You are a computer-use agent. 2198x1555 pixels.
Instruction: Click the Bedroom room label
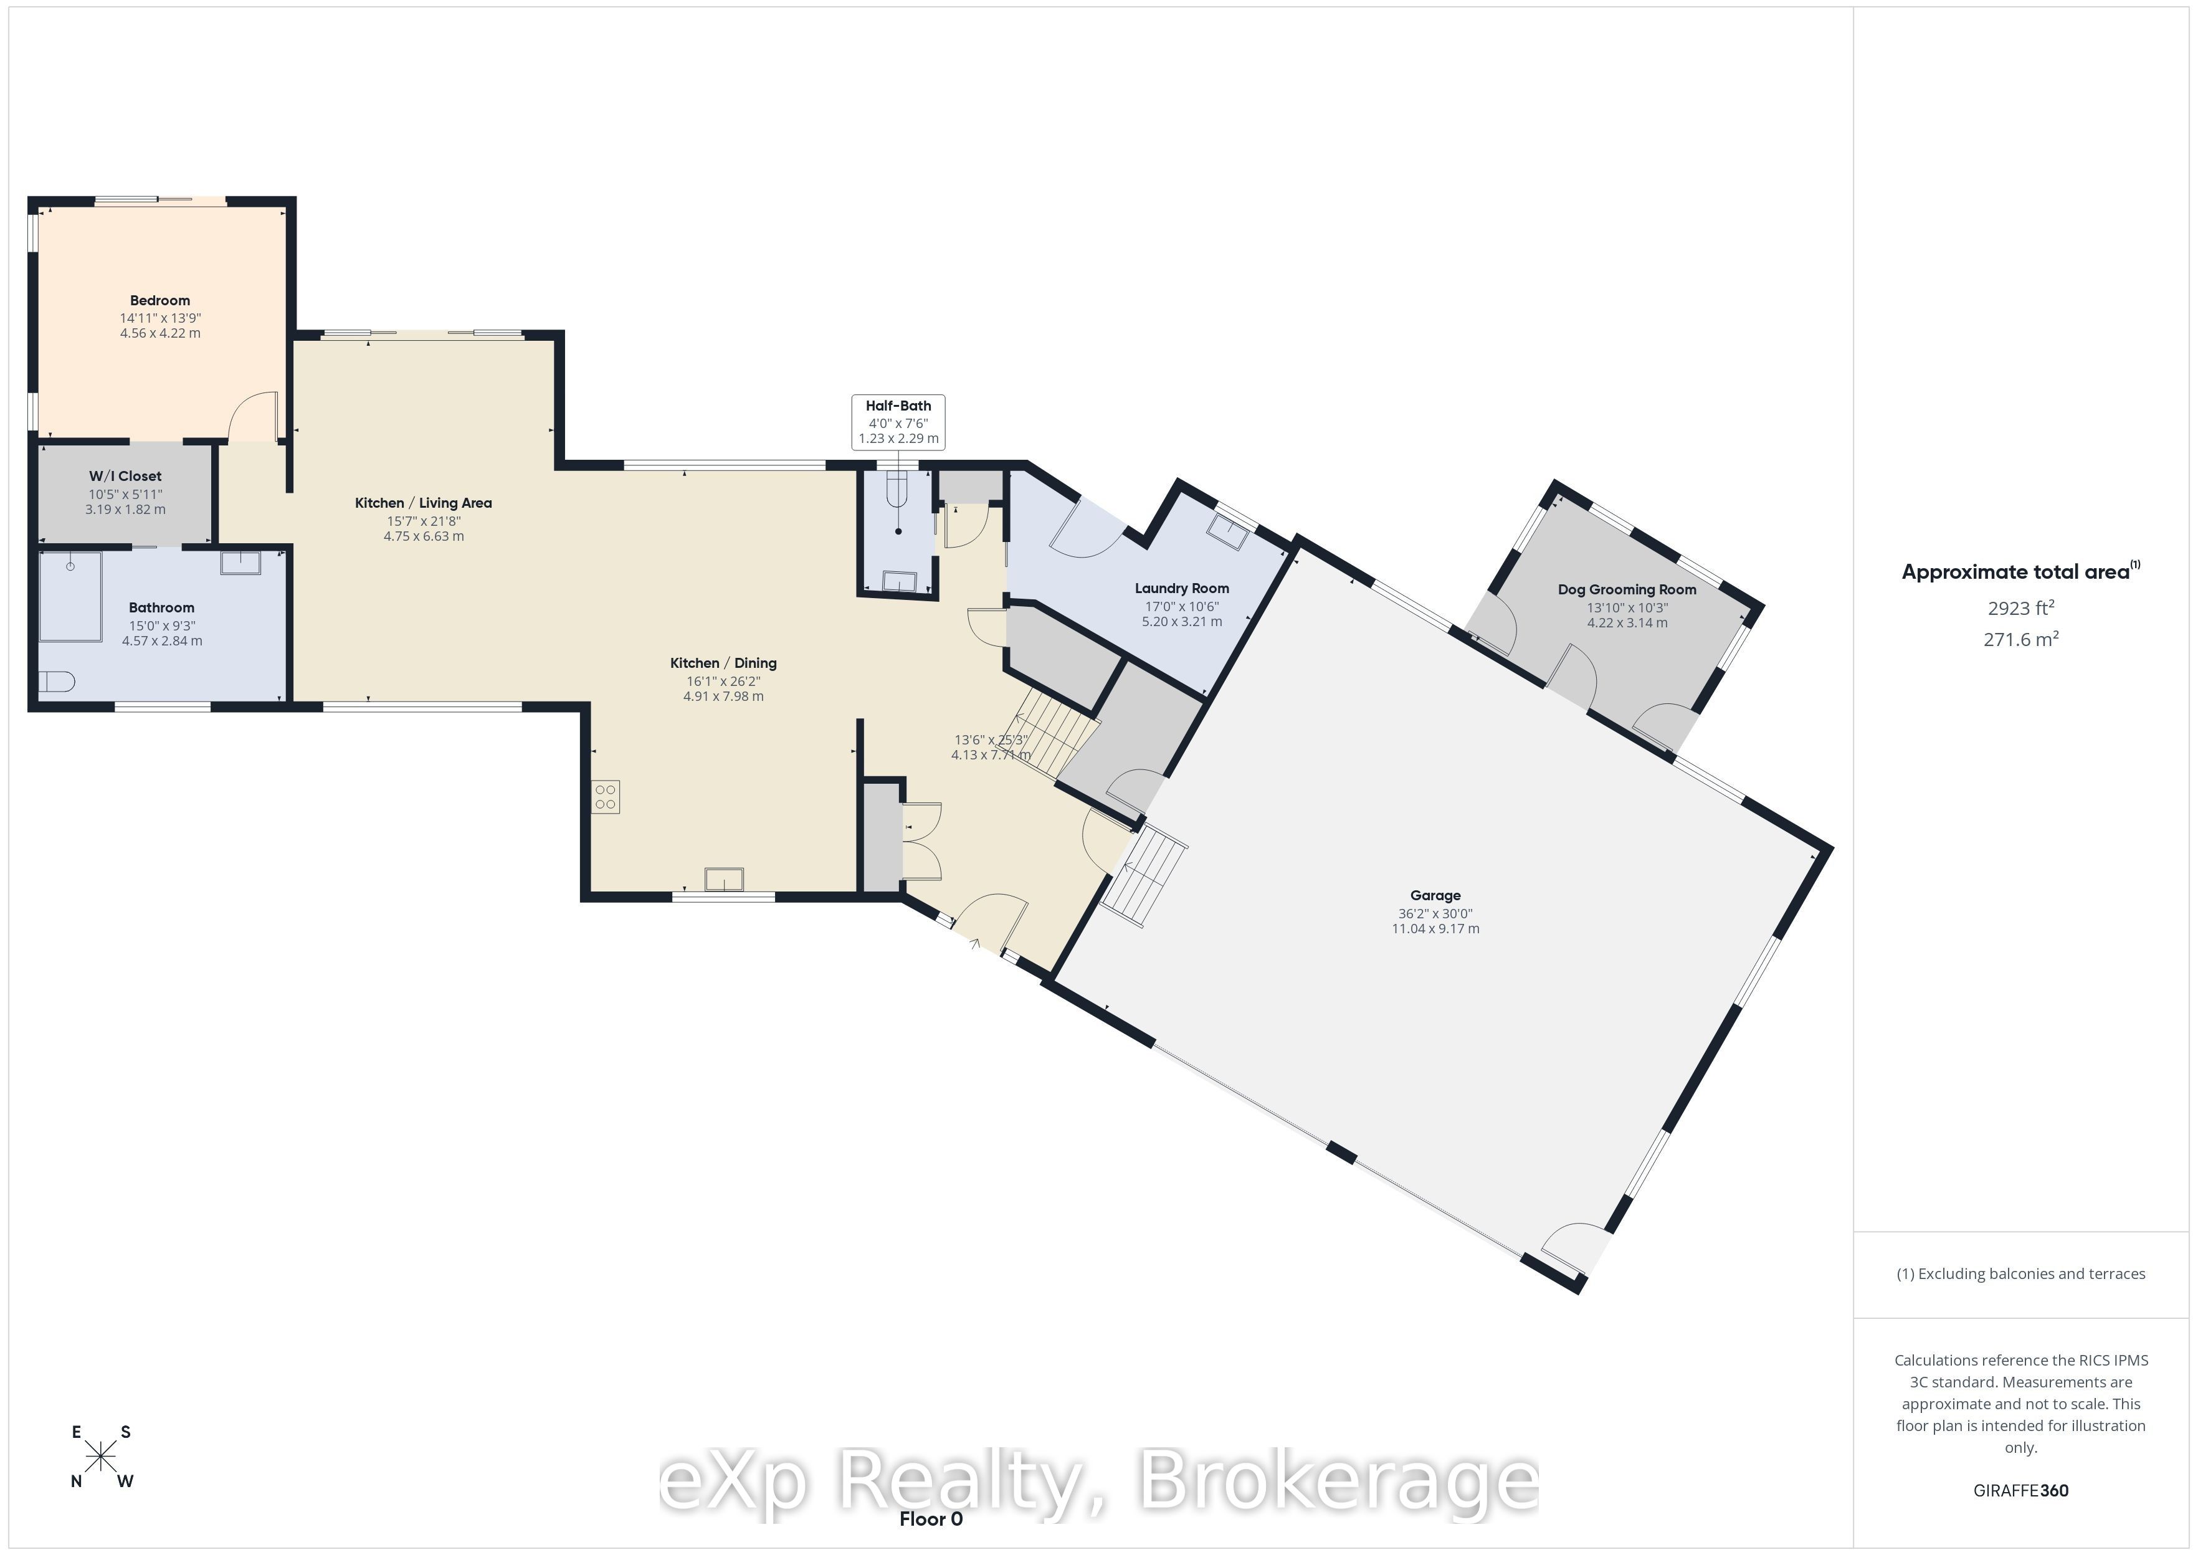click(160, 301)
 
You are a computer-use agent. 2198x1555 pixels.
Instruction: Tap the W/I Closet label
click(125, 476)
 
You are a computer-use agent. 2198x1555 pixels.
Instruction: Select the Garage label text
click(1435, 895)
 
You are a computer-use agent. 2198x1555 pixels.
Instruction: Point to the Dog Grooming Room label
click(1627, 590)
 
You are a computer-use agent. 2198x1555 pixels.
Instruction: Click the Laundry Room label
click(1181, 589)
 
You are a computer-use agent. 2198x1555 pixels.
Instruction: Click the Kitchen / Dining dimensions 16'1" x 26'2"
click(723, 682)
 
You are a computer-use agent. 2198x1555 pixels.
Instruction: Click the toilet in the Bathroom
click(57, 682)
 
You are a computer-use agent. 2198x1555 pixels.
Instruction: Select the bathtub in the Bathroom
click(70, 597)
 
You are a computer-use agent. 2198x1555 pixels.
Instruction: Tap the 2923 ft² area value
click(2021, 608)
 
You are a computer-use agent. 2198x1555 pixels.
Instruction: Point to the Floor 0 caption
click(931, 1519)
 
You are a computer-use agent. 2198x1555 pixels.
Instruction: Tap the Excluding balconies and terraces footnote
click(2021, 1273)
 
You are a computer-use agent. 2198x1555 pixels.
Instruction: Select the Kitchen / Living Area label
click(423, 503)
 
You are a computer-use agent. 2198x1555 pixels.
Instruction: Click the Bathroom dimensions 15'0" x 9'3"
click(162, 626)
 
